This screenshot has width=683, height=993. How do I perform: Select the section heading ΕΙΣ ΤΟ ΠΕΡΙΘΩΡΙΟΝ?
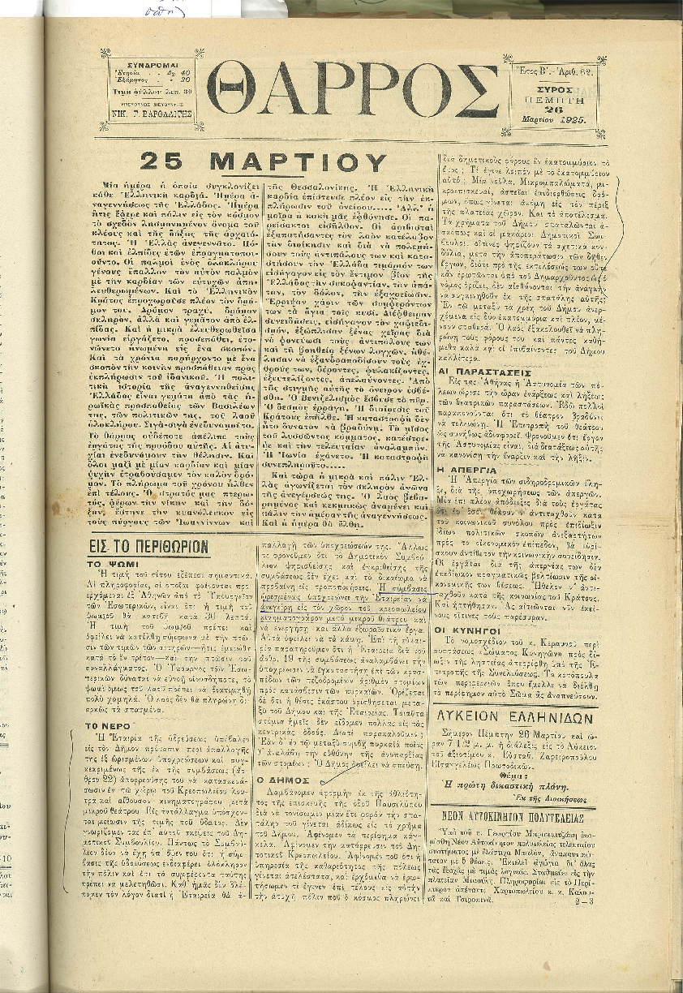tap(150, 546)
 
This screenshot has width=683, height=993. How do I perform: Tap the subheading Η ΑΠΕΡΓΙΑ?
tap(462, 469)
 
